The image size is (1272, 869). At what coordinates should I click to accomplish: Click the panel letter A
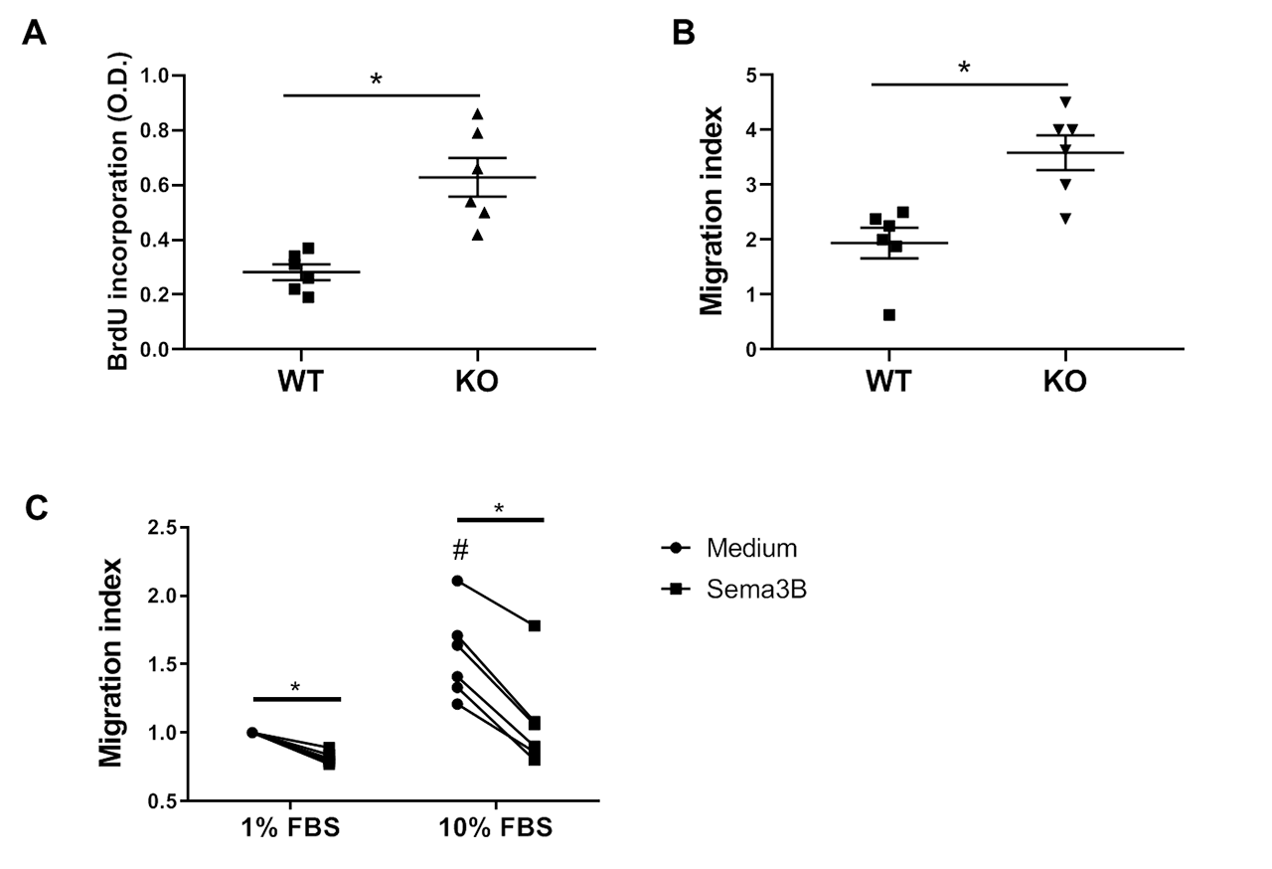(x=34, y=35)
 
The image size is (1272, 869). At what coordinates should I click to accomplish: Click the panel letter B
(x=683, y=35)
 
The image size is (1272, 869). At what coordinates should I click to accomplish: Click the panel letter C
(x=34, y=510)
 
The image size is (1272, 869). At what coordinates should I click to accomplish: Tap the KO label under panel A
(x=476, y=382)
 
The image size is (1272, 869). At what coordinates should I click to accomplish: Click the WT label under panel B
(x=888, y=382)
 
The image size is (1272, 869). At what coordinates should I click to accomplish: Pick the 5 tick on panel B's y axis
(x=752, y=76)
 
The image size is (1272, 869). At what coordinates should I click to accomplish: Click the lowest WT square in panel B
(x=889, y=315)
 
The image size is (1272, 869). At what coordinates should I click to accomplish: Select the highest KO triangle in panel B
(x=1065, y=101)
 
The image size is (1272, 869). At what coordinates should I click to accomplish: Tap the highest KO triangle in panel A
(x=477, y=113)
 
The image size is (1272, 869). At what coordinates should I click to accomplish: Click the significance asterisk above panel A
(x=376, y=80)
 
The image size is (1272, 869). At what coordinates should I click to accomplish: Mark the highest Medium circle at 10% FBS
(x=457, y=581)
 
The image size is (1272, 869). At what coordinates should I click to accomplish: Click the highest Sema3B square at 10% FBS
(x=535, y=625)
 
